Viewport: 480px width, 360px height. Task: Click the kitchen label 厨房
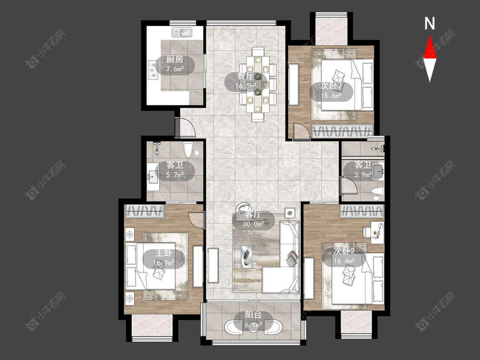point(175,59)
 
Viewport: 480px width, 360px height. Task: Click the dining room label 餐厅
point(245,76)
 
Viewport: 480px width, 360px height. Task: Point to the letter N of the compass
point(430,23)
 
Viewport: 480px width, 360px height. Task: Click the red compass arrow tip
point(430,35)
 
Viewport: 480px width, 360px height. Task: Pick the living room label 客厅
point(253,214)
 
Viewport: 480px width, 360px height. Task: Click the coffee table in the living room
point(247,256)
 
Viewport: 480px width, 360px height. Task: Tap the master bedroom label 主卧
point(164,253)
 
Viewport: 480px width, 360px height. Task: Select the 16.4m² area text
point(344,261)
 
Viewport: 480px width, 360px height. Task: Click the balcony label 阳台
point(253,315)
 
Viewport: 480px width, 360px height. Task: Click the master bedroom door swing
point(196,219)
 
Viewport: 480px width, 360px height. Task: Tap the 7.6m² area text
point(175,69)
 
